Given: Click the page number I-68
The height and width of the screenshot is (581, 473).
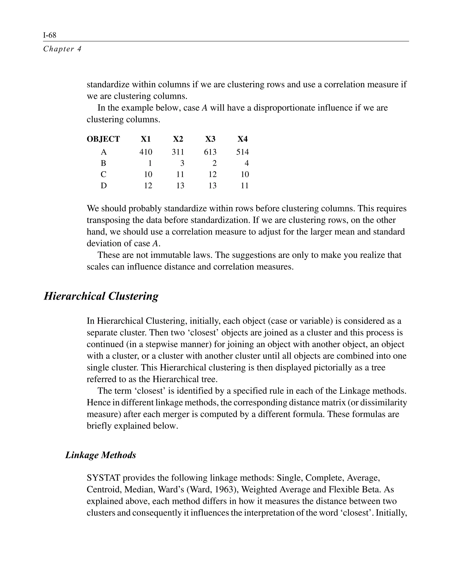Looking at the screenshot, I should [x=50, y=35].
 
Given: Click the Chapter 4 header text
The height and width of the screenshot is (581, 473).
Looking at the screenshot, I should [x=62, y=49].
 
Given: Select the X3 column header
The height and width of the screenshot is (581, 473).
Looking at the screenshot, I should [x=210, y=139].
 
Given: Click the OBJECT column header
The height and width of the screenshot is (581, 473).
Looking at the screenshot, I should [x=103, y=139].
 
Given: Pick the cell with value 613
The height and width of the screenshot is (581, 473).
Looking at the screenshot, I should [x=210, y=152].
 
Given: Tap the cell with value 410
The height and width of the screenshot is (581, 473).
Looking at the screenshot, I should [x=146, y=152].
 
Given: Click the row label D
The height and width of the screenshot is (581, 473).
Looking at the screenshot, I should [x=103, y=186].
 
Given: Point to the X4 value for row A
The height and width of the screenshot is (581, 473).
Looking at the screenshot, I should [x=243, y=152].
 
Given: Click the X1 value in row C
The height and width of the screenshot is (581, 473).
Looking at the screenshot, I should [x=148, y=174].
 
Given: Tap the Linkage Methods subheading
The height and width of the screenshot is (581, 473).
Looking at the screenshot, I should [x=100, y=455].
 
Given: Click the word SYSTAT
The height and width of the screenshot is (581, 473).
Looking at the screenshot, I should [x=103, y=478].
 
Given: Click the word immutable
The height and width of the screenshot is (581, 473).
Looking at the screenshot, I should [x=171, y=255].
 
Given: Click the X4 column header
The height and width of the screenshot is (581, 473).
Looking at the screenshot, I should [x=243, y=139].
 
